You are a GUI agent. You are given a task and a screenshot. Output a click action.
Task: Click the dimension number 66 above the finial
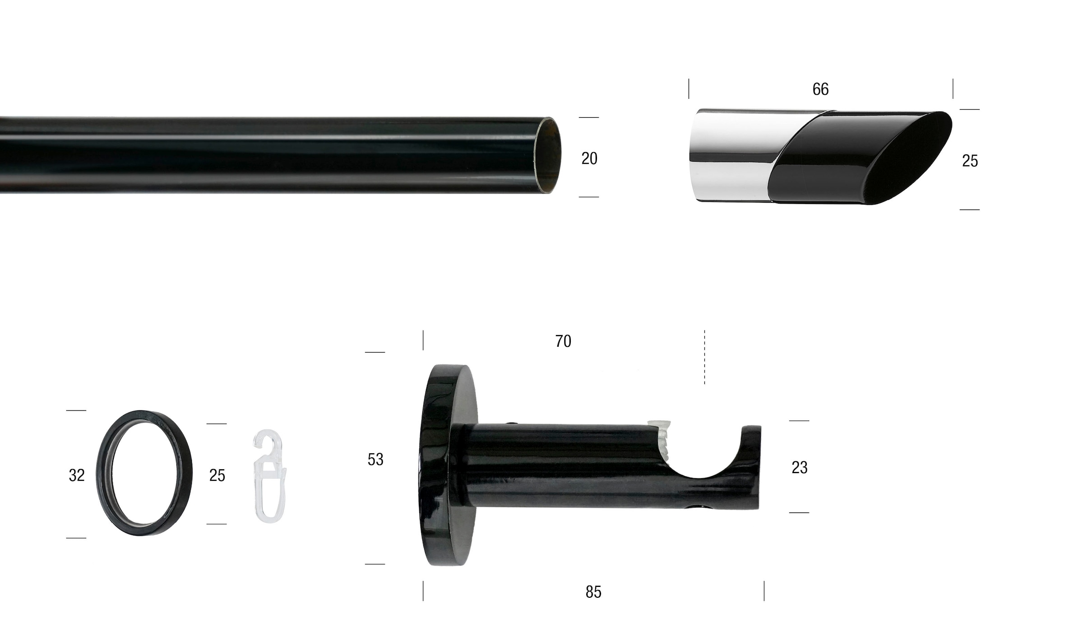820,89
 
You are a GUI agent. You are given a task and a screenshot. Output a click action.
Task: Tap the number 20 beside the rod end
589,158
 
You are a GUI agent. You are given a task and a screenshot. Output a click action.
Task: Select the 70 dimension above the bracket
563,341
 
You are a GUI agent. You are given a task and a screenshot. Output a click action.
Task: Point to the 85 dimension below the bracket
593,592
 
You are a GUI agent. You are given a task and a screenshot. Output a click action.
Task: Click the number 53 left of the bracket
375,460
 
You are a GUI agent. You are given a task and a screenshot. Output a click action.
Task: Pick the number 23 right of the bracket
800,468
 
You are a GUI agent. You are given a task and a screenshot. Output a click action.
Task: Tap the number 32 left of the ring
77,475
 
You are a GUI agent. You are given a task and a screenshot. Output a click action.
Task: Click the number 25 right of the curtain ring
217,475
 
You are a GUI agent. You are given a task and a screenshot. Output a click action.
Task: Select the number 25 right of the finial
970,161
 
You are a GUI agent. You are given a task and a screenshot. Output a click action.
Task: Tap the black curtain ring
144,473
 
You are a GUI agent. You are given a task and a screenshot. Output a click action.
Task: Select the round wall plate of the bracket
447,465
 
